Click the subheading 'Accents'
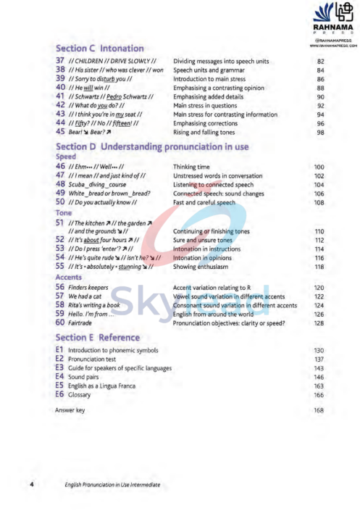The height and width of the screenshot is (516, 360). pos(68,277)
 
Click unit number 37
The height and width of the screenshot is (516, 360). pos(60,62)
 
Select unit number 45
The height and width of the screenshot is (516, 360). pos(60,133)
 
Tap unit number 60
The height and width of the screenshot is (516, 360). pos(60,323)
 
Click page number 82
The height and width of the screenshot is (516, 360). pos(320,62)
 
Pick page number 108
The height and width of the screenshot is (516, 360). pos(319,203)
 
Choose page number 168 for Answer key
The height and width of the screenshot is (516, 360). pos(319,411)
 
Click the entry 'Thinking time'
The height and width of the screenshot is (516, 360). pos(191,167)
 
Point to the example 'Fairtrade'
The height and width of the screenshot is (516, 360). pos(80,323)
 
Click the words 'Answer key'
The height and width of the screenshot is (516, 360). pos(70,411)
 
